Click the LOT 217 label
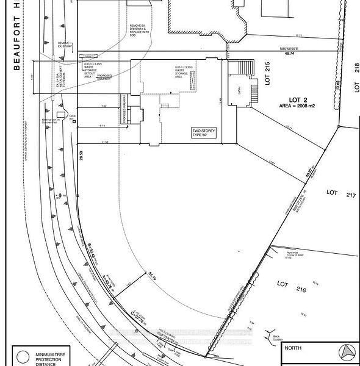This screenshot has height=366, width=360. [332, 192]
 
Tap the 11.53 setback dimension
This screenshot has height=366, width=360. [105, 142]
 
